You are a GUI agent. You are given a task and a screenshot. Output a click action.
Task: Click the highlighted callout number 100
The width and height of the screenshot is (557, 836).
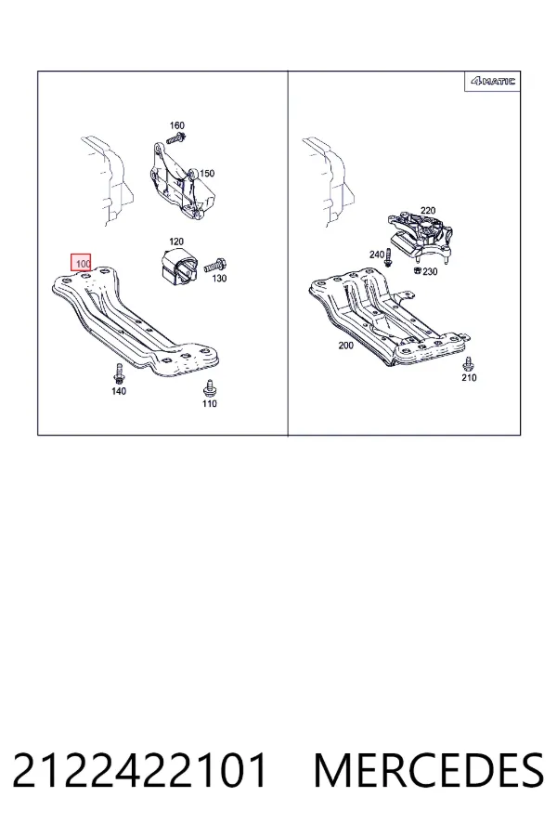[x=82, y=264]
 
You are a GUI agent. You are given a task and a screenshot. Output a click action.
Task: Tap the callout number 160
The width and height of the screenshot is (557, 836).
[x=177, y=125]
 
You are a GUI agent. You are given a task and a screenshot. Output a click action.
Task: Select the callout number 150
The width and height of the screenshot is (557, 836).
[x=207, y=174]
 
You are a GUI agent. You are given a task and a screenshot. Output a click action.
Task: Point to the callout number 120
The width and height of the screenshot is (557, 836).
[x=176, y=242]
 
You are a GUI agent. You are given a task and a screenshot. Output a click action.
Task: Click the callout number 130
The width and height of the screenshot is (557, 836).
[x=219, y=279]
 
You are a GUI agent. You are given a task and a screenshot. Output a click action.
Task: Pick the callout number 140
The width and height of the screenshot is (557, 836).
[x=119, y=391]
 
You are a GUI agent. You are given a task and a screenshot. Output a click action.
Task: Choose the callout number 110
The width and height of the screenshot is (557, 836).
[x=210, y=404]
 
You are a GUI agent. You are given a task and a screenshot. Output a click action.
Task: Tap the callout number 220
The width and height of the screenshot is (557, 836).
[x=428, y=211]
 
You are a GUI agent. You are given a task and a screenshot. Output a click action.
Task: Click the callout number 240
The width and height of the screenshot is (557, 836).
[x=377, y=255]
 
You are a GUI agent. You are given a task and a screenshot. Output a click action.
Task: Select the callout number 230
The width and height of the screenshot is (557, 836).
[x=430, y=271]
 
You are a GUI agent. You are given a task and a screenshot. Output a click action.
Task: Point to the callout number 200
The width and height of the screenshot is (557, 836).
[x=346, y=346]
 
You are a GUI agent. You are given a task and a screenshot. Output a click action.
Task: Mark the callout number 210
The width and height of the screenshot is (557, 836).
[x=469, y=377]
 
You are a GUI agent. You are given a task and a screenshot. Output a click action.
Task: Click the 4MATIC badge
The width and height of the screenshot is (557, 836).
[x=493, y=81]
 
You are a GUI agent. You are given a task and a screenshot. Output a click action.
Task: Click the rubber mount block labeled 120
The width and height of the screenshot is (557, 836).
[x=178, y=265]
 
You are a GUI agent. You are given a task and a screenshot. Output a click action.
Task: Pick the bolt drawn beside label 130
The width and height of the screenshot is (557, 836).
[x=215, y=264]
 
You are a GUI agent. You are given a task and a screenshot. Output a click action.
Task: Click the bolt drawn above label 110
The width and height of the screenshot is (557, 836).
[x=210, y=388]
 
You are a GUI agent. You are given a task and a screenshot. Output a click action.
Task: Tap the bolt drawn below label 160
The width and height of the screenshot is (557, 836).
[x=175, y=139]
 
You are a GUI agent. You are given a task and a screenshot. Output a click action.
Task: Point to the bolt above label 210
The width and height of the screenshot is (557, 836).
[x=469, y=364]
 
